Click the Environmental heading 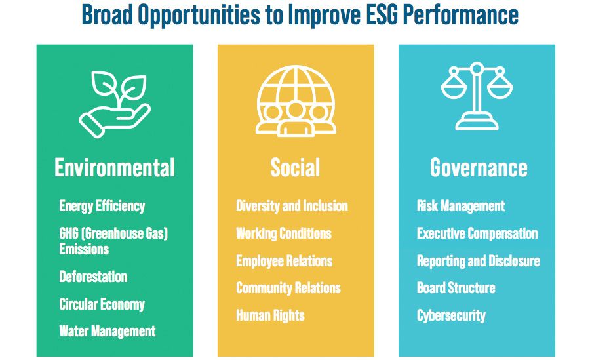[x=115, y=168]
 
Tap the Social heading [x=296, y=168]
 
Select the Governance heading [x=479, y=168]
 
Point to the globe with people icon [x=296, y=101]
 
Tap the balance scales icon [x=477, y=96]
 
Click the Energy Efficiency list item [x=102, y=207]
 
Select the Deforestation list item [x=93, y=277]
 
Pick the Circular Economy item [x=102, y=304]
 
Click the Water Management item [x=108, y=331]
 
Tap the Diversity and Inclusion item [x=292, y=206]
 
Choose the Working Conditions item [x=284, y=233]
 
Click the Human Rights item [x=270, y=315]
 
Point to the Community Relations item [x=288, y=288]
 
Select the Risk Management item [x=461, y=206]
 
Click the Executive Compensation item [x=477, y=233]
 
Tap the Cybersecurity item [x=451, y=315]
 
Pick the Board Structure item [x=456, y=288]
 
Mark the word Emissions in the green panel [x=84, y=249]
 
